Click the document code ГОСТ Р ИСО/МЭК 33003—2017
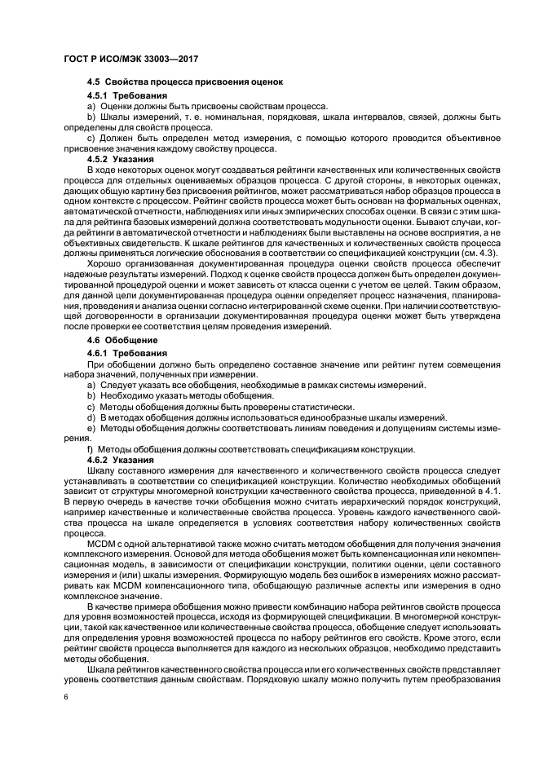130,60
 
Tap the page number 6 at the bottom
66,698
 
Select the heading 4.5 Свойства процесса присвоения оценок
183,82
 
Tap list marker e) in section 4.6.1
91,427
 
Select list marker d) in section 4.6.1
91,417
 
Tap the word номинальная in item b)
235,117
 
